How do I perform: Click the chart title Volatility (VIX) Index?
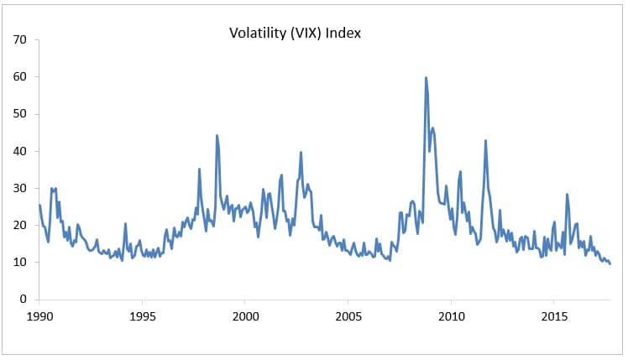tap(295, 34)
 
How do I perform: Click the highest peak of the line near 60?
tap(426, 78)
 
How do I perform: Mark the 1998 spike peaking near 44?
tap(217, 136)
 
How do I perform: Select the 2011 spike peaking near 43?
tap(485, 141)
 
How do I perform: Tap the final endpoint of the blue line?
tap(610, 263)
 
